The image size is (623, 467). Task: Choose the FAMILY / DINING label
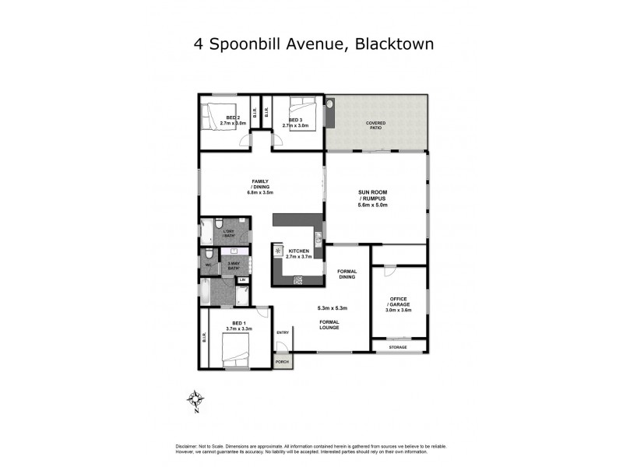tap(260, 184)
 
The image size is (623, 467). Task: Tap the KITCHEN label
tap(298, 251)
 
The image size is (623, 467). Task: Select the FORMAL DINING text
tap(347, 273)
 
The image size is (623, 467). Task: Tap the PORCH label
tap(282, 361)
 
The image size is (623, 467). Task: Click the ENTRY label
tap(282, 333)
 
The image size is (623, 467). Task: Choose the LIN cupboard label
tap(242, 279)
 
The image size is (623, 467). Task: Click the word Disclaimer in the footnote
tap(185, 445)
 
